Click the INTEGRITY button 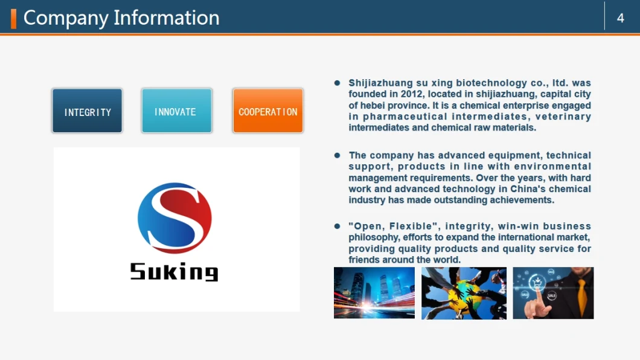[88, 111]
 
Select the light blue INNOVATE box [177, 111]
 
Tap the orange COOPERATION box [267, 111]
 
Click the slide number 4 [621, 18]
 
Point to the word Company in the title [66, 19]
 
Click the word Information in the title [167, 18]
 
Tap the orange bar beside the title [13, 19]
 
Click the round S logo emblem [174, 218]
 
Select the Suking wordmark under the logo [174, 271]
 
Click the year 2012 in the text [411, 94]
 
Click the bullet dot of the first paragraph [337, 83]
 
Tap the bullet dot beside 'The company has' [337, 155]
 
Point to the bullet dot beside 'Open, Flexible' [337, 226]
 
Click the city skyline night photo [374, 293]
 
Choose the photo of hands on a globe [464, 293]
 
